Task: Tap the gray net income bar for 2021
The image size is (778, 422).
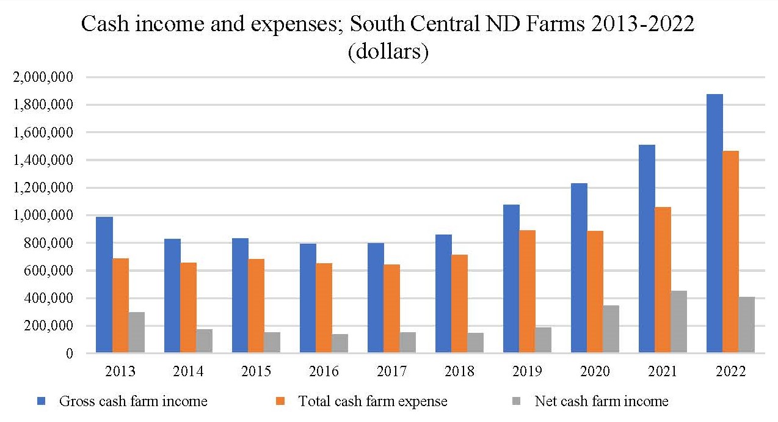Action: (x=679, y=322)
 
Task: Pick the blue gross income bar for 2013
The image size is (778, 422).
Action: (x=104, y=285)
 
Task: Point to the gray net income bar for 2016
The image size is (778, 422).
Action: (x=340, y=343)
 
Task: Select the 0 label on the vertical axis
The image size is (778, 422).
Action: (x=70, y=354)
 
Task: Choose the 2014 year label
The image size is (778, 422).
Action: (x=189, y=371)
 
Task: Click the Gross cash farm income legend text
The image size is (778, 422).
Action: (x=133, y=401)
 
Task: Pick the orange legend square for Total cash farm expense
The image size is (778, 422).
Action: (x=281, y=401)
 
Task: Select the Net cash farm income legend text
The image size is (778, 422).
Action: (x=602, y=401)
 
